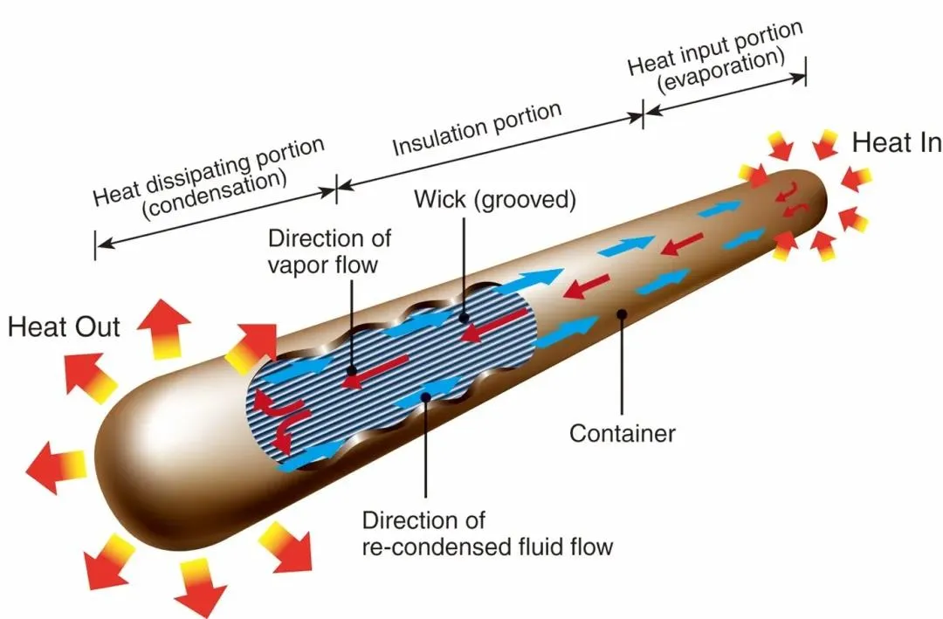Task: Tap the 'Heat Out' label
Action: point(64,328)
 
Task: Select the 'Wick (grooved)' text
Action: point(494,200)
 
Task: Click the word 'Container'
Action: point(623,432)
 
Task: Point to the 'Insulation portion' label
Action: point(476,128)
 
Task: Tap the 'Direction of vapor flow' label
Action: point(329,251)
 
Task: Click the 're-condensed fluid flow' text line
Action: point(487,547)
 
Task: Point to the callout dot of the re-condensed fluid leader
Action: point(425,397)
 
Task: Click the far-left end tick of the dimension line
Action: point(94,244)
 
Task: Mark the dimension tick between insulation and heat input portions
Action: point(644,113)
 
